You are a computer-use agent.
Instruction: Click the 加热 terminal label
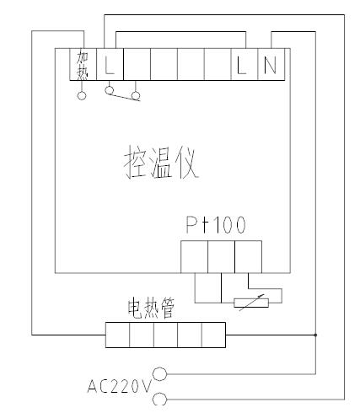tap(83, 65)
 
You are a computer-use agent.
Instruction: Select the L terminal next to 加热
tap(110, 64)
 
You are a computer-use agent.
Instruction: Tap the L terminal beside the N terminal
tap(244, 64)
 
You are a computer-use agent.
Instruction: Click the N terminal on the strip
tap(271, 64)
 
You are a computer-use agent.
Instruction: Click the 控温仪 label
tap(161, 163)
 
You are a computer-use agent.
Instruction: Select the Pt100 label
tap(216, 225)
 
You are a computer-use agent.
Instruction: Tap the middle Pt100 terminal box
tap(221, 257)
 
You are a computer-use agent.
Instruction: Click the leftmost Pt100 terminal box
tap(195, 257)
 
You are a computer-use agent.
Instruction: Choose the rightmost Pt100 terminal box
tap(248, 257)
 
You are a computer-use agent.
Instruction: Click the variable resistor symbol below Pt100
tap(251, 303)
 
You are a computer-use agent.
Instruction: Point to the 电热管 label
tap(151, 308)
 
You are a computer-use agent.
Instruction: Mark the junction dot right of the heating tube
tap(315, 335)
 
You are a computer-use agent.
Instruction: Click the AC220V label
tap(119, 386)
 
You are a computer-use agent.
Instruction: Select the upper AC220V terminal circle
tap(160, 374)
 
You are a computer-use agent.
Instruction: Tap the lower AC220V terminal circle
tap(160, 400)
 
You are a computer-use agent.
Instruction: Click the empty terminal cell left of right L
tap(218, 64)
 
